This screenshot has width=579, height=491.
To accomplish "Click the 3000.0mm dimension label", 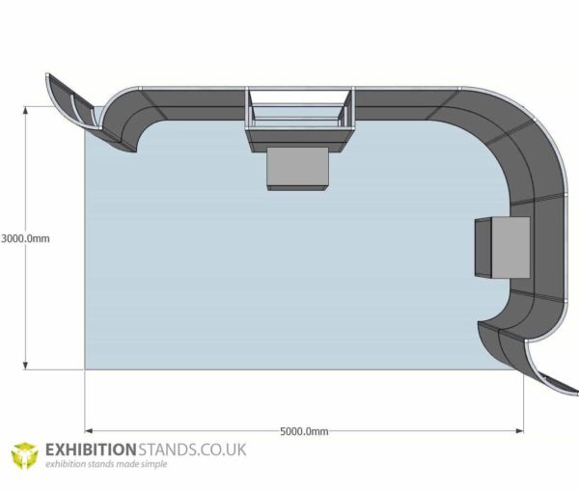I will tap(25, 237).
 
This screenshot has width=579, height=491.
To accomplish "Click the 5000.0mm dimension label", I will tap(304, 431).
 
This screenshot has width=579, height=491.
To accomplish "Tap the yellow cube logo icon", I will tap(24, 455).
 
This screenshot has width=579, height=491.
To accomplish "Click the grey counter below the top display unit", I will tap(299, 169).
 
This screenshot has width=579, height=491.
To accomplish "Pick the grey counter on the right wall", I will tap(502, 246).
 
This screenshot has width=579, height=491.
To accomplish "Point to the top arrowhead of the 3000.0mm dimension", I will tap(27, 108).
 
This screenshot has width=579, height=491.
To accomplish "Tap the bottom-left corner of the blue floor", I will tap(87, 367).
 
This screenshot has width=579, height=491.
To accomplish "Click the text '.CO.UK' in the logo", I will tap(221, 450).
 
